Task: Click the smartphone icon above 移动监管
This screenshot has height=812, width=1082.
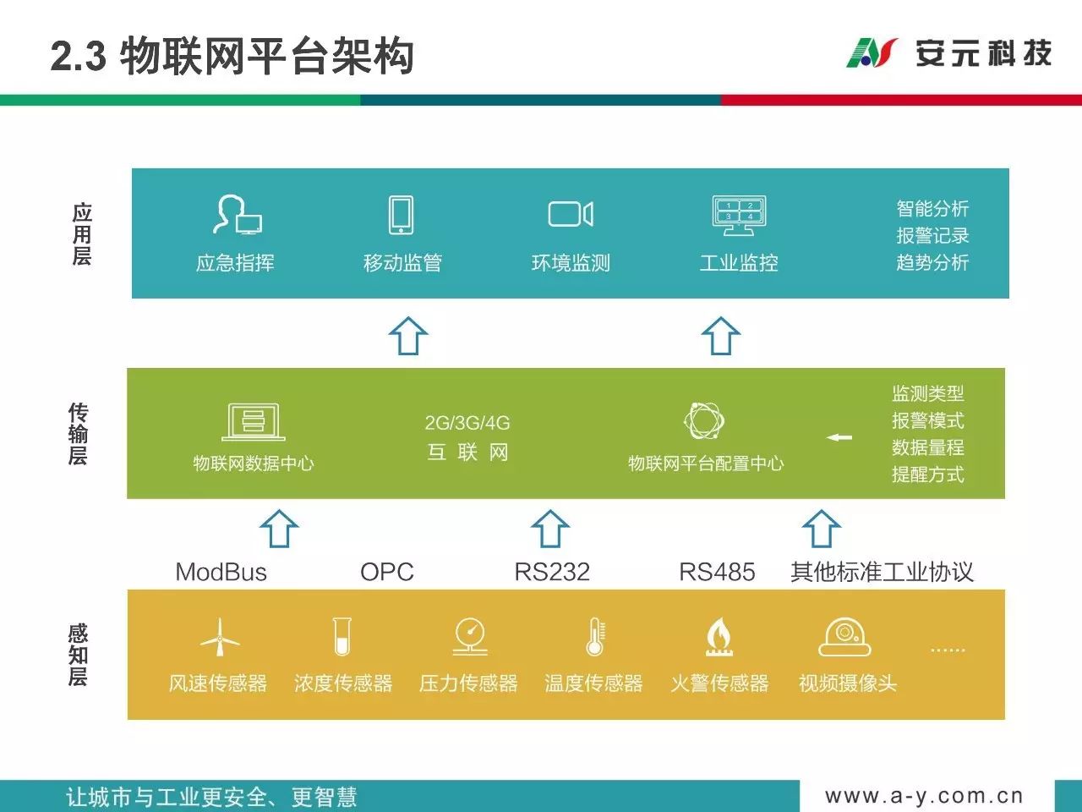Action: [x=401, y=215]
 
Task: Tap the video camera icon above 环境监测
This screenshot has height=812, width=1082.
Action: [x=571, y=214]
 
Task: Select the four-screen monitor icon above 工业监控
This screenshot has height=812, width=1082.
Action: [x=739, y=216]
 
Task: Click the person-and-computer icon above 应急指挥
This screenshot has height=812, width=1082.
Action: [x=237, y=215]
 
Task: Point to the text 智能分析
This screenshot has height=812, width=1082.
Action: [x=932, y=209]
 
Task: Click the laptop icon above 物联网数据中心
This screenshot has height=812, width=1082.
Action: [x=254, y=422]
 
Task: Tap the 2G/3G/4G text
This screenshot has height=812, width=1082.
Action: [x=467, y=423]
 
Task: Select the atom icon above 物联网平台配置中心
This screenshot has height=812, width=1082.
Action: [x=704, y=420]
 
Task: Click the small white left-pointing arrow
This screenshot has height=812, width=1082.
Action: [x=839, y=437]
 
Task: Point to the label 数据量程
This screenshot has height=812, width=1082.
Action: [x=927, y=447]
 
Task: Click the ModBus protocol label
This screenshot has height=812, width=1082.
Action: [x=221, y=573]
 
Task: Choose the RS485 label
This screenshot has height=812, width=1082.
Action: [x=717, y=573]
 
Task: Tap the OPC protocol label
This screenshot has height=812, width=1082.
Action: [x=387, y=573]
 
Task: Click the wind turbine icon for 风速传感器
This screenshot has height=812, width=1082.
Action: [x=220, y=637]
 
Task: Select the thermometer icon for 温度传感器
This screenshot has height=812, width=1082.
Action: [x=595, y=636]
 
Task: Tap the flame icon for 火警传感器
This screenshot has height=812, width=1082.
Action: [x=719, y=637]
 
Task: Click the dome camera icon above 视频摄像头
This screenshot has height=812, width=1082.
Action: [x=845, y=637]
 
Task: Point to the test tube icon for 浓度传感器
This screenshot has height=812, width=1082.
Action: [x=342, y=636]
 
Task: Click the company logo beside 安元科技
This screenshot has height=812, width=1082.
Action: [x=872, y=52]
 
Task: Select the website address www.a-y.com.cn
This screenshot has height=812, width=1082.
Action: [x=924, y=796]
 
